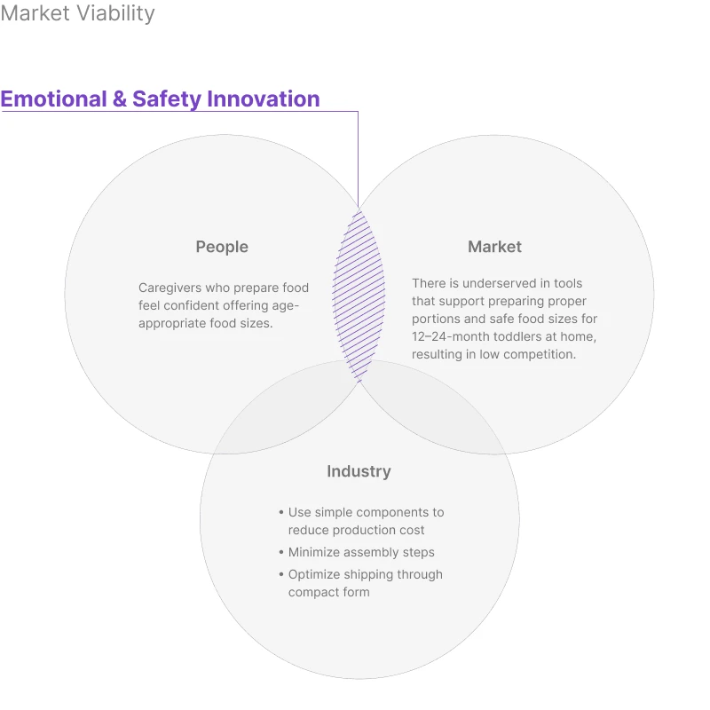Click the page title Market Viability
pyautogui.click(x=78, y=14)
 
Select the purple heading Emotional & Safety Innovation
pyautogui.click(x=160, y=99)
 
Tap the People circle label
pyautogui.click(x=222, y=247)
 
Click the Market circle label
pyautogui.click(x=494, y=247)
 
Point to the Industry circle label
pyautogui.click(x=359, y=471)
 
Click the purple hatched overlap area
pyautogui.click(x=359, y=293)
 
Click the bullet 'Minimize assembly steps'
pyautogui.click(x=361, y=552)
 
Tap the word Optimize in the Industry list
pyautogui.click(x=314, y=574)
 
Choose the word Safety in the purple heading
pyautogui.click(x=166, y=99)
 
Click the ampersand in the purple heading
pyautogui.click(x=120, y=99)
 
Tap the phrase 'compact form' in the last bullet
pyautogui.click(x=328, y=592)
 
